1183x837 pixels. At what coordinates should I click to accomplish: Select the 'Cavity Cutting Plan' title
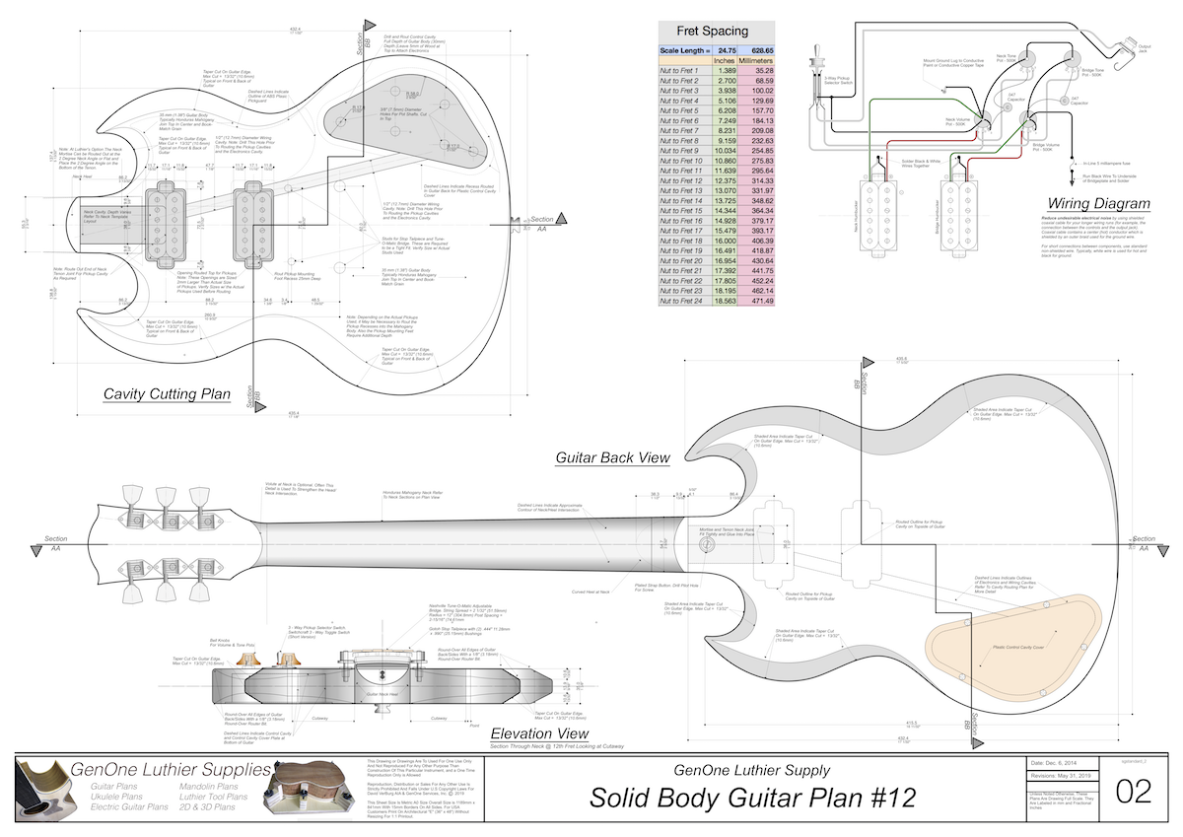tap(167, 394)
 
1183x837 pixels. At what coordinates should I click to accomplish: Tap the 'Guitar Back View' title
tap(612, 457)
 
